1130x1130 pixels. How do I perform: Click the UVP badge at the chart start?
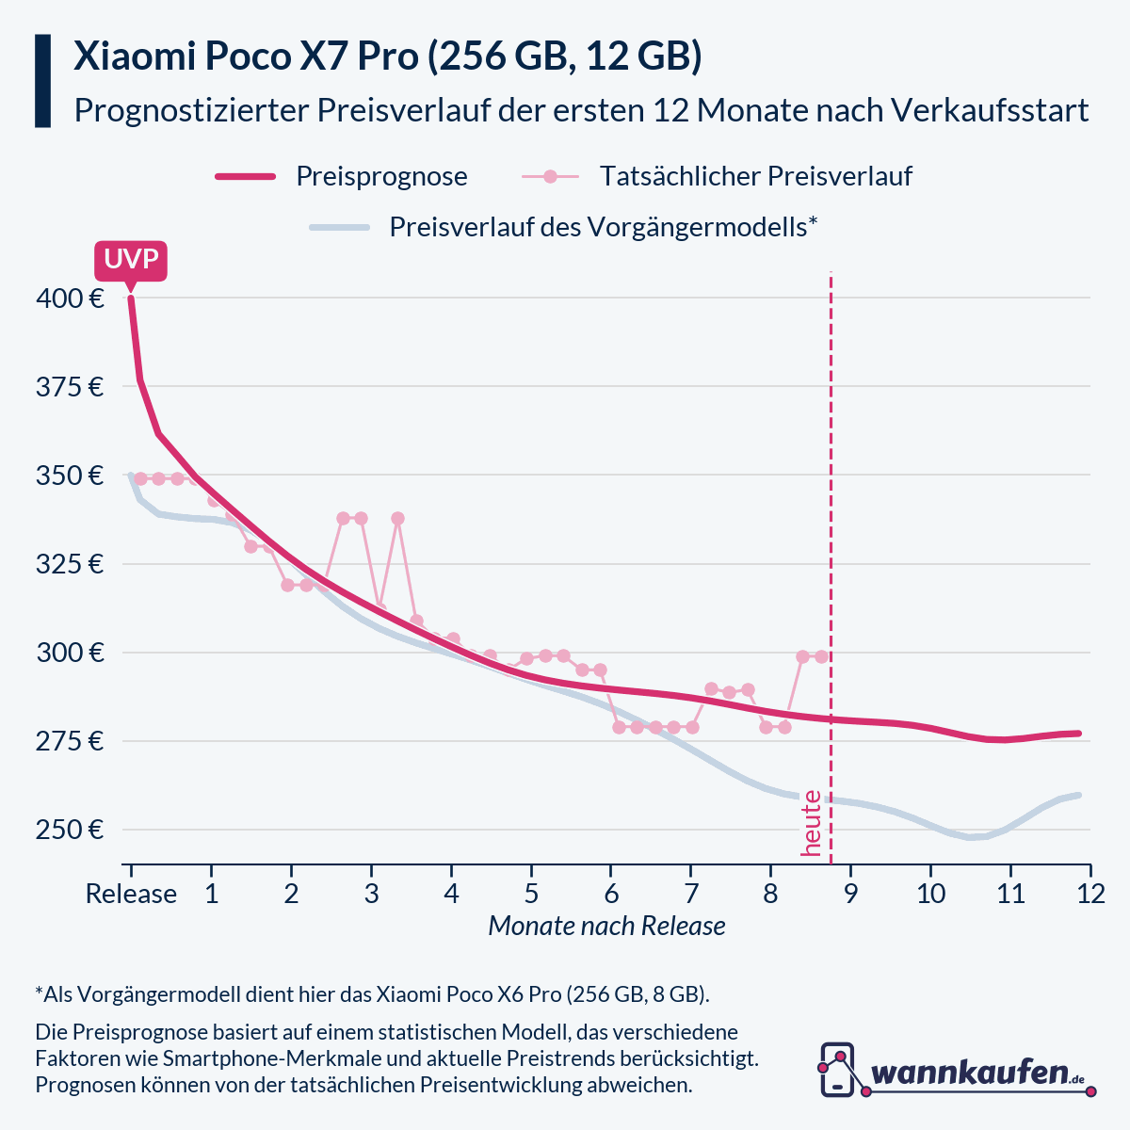(x=131, y=260)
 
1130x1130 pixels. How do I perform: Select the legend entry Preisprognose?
(x=381, y=176)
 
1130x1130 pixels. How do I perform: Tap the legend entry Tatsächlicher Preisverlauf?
(x=755, y=176)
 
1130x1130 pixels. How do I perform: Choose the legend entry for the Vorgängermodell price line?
(x=603, y=227)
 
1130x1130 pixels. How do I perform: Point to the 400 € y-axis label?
(x=70, y=299)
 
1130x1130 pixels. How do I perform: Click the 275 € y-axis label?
(x=70, y=741)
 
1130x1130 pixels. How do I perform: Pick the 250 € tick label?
(x=70, y=830)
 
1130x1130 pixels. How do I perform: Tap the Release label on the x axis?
(x=131, y=893)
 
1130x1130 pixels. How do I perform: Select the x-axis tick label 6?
(x=611, y=893)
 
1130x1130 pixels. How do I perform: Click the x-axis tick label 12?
(x=1090, y=893)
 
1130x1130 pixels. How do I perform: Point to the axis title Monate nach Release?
(x=606, y=926)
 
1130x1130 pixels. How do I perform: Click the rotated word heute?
(x=811, y=823)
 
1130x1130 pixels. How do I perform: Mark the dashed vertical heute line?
(x=831, y=565)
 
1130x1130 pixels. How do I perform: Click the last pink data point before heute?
(x=821, y=656)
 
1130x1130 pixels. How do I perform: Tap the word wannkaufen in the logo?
(x=970, y=1073)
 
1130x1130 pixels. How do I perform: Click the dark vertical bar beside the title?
(x=42, y=81)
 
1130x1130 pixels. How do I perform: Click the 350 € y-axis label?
(x=70, y=476)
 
